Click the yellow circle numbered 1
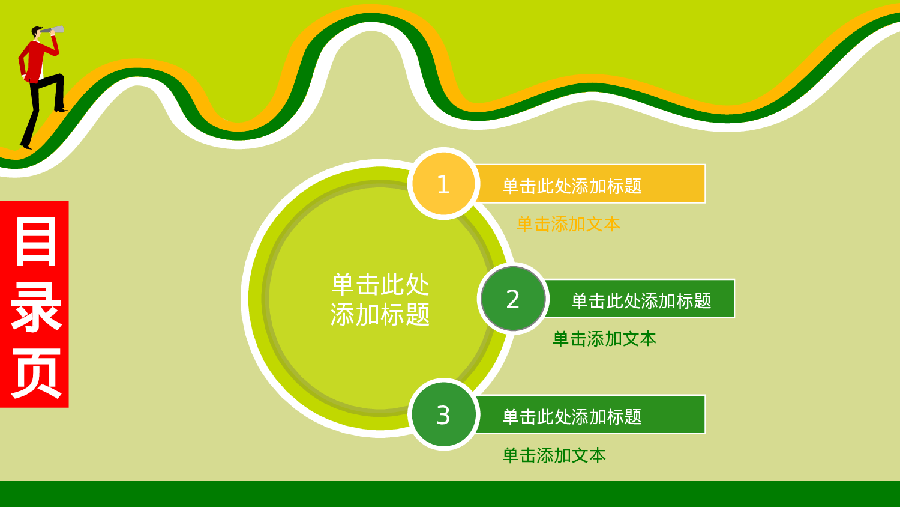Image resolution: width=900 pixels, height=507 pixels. [443, 184]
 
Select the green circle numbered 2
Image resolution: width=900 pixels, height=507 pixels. [513, 299]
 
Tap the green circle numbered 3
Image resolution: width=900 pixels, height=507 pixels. [443, 414]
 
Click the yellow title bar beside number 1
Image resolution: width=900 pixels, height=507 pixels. [591, 184]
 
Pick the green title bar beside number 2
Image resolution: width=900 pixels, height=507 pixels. [641, 299]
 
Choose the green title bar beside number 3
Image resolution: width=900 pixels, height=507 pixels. [591, 414]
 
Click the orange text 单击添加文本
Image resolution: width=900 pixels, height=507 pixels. [568, 224]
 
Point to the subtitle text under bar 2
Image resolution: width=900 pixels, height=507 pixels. [604, 339]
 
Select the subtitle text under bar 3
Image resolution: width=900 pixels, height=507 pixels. [554, 455]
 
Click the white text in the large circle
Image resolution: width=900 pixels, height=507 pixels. [380, 299]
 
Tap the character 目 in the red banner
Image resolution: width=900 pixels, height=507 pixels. [35, 241]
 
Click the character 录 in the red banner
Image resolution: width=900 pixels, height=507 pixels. [35, 308]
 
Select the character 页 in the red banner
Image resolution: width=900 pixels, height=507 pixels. [35, 374]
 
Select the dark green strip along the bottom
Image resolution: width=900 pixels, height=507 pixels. [450, 494]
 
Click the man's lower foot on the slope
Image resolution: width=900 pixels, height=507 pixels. [26, 145]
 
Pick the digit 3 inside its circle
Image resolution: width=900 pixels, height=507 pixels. [443, 415]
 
